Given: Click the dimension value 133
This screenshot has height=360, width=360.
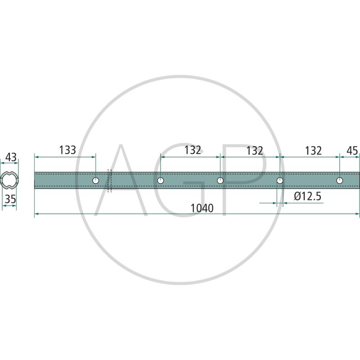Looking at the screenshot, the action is [67, 150].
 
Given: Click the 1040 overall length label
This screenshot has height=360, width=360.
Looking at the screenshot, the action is [202, 208].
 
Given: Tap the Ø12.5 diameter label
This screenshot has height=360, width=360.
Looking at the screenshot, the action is [307, 196].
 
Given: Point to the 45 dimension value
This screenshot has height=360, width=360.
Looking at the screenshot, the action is [352, 151].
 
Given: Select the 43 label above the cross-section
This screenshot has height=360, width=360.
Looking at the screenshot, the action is [11, 157].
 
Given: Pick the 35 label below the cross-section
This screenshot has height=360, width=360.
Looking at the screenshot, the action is [10, 199].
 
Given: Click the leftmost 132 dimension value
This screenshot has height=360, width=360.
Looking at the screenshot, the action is [193, 150].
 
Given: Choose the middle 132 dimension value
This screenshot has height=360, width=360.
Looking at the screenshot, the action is [255, 151].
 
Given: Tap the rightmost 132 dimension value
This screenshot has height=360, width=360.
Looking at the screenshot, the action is [313, 151].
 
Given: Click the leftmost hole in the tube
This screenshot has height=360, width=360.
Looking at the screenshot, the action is [96, 180].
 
